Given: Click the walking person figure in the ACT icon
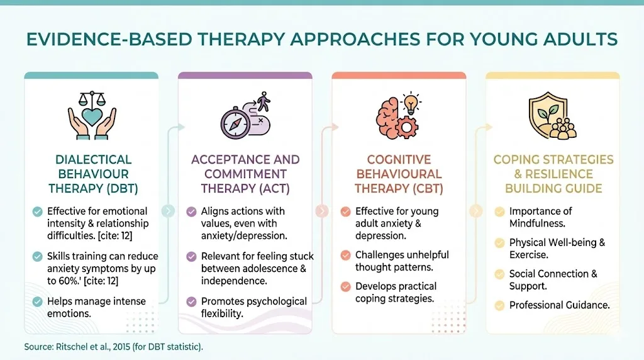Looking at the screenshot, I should click(263, 101).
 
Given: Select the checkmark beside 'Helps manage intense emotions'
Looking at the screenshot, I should click(38, 301).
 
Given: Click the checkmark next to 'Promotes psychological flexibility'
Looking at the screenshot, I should click(192, 301).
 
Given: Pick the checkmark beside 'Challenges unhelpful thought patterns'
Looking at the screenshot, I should click(345, 255).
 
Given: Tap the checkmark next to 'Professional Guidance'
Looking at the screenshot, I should click(499, 305).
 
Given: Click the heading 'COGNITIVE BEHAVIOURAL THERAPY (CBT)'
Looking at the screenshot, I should click(399, 174).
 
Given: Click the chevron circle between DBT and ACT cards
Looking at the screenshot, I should click(169, 211).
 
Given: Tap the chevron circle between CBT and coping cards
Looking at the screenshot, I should click(475, 211).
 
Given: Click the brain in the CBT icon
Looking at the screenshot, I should click(387, 116).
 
